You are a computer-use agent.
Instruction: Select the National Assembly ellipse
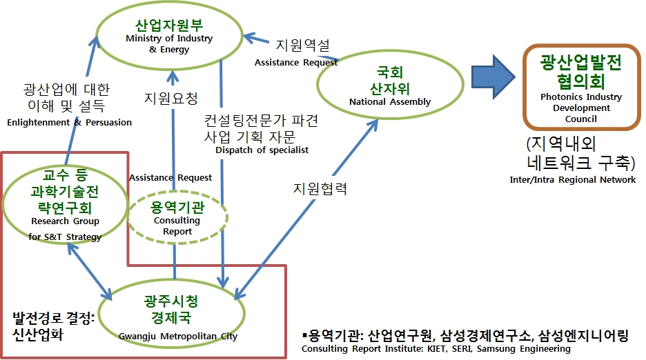click(389, 86)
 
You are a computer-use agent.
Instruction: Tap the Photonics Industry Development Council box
click(580, 88)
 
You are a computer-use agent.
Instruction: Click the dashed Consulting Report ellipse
click(177, 217)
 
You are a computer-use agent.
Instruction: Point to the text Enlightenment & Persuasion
click(69, 123)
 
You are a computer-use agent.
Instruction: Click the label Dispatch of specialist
click(262, 150)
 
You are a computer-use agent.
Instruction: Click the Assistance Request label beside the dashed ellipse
click(170, 178)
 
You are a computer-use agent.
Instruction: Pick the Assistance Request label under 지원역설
click(296, 63)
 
